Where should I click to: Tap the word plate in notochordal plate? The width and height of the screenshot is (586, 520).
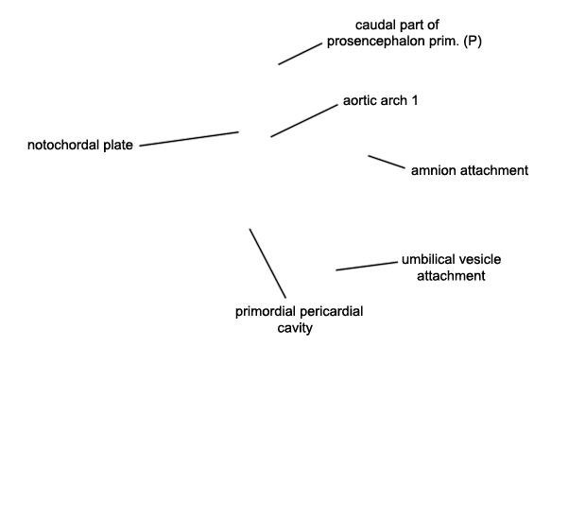click(x=118, y=145)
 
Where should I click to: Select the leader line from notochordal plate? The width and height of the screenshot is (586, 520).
click(x=189, y=139)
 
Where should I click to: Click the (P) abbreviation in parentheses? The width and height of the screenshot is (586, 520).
click(x=473, y=41)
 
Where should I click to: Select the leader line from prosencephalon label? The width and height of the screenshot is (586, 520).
click(x=301, y=54)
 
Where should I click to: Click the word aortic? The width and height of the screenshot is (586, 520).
click(x=360, y=100)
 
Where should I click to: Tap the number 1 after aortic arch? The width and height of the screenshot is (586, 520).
click(x=414, y=100)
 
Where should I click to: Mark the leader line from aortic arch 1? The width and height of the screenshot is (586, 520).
click(x=304, y=121)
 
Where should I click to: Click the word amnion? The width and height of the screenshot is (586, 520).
click(x=434, y=170)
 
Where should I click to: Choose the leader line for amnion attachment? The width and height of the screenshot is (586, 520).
click(x=387, y=162)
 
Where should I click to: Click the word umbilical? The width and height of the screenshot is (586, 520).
click(x=428, y=259)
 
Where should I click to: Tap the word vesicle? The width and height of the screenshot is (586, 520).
click(x=479, y=259)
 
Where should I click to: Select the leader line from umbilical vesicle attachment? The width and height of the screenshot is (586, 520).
click(x=367, y=267)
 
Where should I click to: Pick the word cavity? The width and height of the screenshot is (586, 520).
click(x=295, y=328)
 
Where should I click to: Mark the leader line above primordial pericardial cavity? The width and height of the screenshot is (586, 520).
click(x=267, y=264)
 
